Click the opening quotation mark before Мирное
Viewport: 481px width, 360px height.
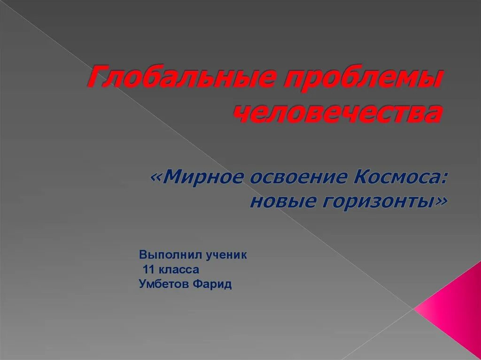157,179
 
